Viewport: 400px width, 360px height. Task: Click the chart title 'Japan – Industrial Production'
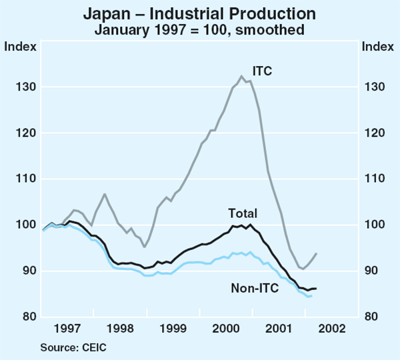[200, 14]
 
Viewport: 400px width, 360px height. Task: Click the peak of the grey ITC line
[241, 76]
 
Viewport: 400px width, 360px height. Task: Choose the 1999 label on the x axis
[173, 330]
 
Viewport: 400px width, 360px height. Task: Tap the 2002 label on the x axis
[331, 330]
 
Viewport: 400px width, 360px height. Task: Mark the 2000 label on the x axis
[226, 330]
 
